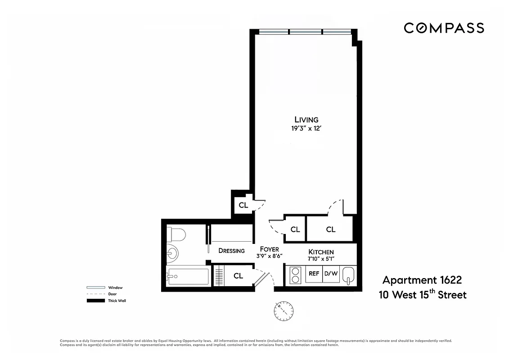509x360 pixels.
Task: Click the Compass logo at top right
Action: point(443,28)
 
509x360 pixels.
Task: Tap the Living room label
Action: point(306,120)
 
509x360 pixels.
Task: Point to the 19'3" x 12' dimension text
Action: point(306,128)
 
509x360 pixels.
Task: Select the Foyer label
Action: point(270,249)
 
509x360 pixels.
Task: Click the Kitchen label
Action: point(321,252)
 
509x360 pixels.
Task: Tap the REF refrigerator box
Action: point(314,273)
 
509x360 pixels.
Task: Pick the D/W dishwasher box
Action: point(331,273)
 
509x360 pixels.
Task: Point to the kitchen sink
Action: point(349,275)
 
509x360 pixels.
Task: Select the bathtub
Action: point(187,276)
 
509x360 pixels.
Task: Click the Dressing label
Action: point(231,251)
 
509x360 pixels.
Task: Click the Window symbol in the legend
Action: point(95,288)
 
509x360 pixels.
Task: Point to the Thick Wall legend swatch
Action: point(95,300)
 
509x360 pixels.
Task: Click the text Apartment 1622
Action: point(422,280)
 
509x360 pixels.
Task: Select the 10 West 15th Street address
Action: point(422,295)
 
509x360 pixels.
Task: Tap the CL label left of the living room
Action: point(243,205)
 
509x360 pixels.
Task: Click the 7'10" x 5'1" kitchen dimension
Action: point(321,258)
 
